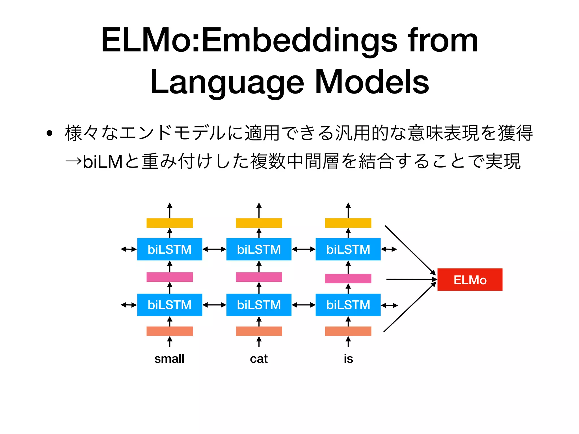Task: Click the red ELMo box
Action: click(470, 279)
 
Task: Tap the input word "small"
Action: click(169, 359)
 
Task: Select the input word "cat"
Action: click(259, 359)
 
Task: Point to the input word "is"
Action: click(348, 359)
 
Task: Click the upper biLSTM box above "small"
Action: click(170, 249)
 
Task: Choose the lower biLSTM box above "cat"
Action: click(259, 305)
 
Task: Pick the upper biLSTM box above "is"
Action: click(348, 249)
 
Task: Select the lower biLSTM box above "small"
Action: click(170, 305)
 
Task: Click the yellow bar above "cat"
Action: click(259, 223)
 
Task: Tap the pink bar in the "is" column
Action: click(348, 279)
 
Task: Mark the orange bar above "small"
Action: click(170, 331)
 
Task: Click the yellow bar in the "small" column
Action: click(170, 223)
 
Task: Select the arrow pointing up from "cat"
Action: click(259, 342)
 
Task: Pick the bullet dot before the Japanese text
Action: click(50, 133)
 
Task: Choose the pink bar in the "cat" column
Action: click(259, 277)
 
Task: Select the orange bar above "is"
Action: click(348, 331)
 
